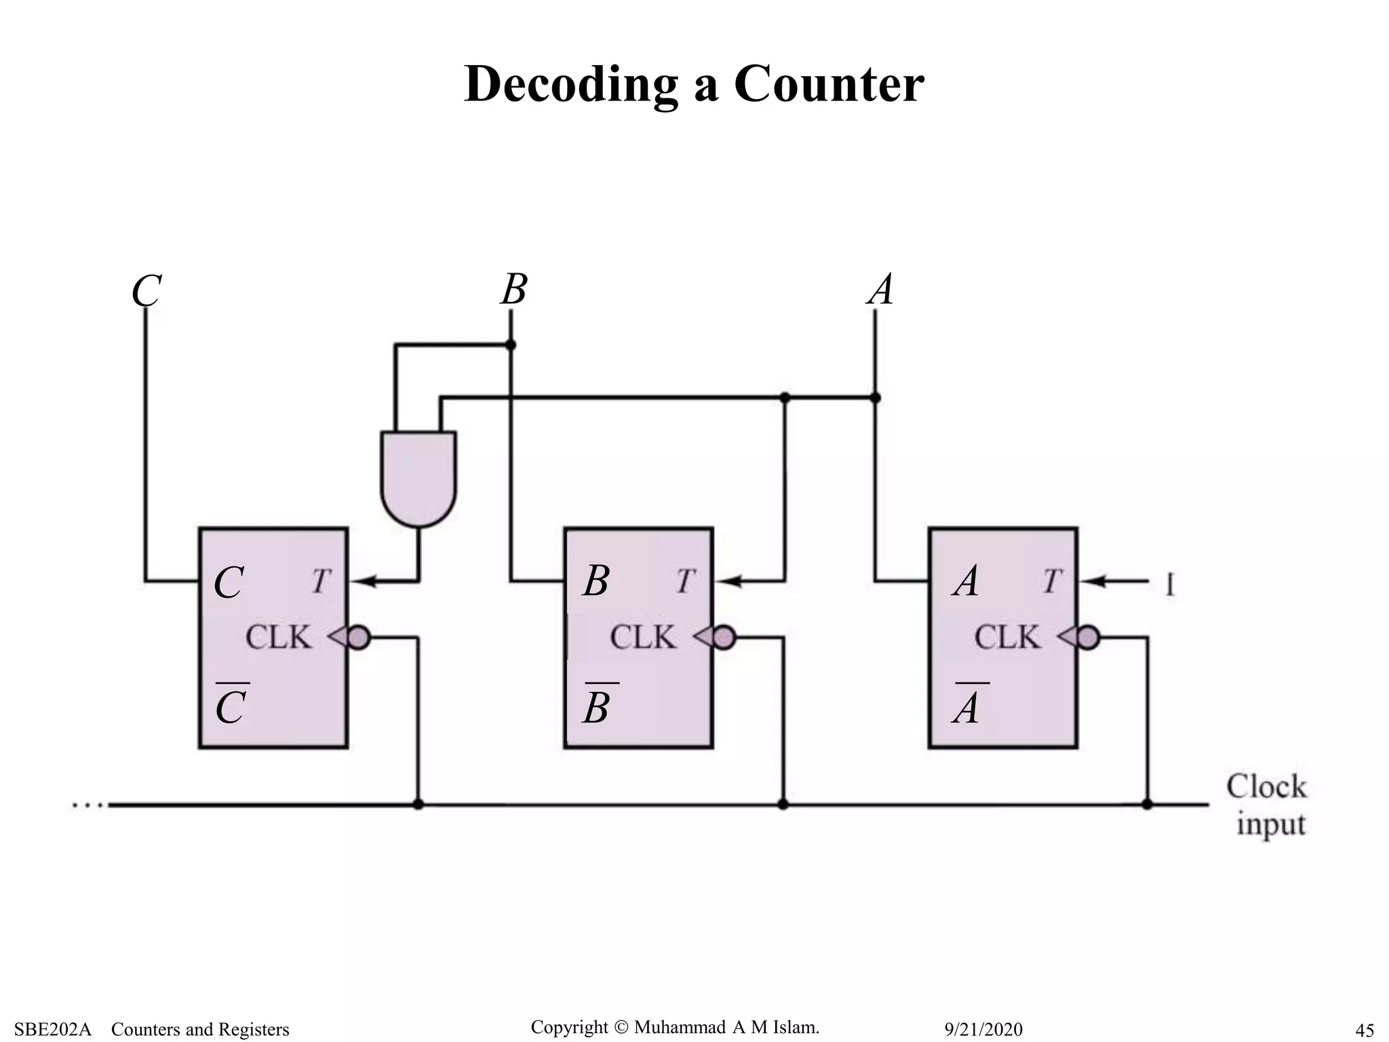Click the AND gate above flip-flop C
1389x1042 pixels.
418,478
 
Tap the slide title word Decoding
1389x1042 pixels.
570,84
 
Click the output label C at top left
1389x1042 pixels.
146,292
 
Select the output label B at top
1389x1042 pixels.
514,290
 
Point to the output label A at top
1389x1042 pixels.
881,290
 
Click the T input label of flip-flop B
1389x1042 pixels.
685,581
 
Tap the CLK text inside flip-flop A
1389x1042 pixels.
1006,638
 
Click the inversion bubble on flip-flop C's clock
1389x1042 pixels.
359,638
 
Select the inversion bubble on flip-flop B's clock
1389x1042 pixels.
724,638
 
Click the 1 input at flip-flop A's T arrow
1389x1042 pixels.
1170,585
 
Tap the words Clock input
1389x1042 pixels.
1266,806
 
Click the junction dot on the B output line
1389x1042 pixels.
511,345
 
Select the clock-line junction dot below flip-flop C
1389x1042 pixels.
418,805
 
